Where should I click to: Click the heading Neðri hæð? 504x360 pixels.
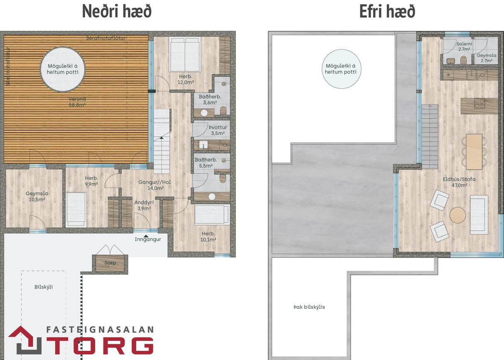(117, 11)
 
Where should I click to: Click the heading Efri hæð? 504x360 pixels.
(387, 11)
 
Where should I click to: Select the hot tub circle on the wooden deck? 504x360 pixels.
(63, 69)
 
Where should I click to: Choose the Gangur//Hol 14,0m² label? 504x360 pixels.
(155, 185)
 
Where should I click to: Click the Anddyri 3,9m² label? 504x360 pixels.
(144, 205)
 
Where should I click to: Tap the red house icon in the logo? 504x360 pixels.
(25, 340)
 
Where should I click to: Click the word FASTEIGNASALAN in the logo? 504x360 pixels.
(100, 330)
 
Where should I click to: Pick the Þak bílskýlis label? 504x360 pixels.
(309, 307)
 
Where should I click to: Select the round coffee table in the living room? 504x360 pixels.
(457, 215)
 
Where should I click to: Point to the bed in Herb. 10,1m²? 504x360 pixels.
(212, 215)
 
